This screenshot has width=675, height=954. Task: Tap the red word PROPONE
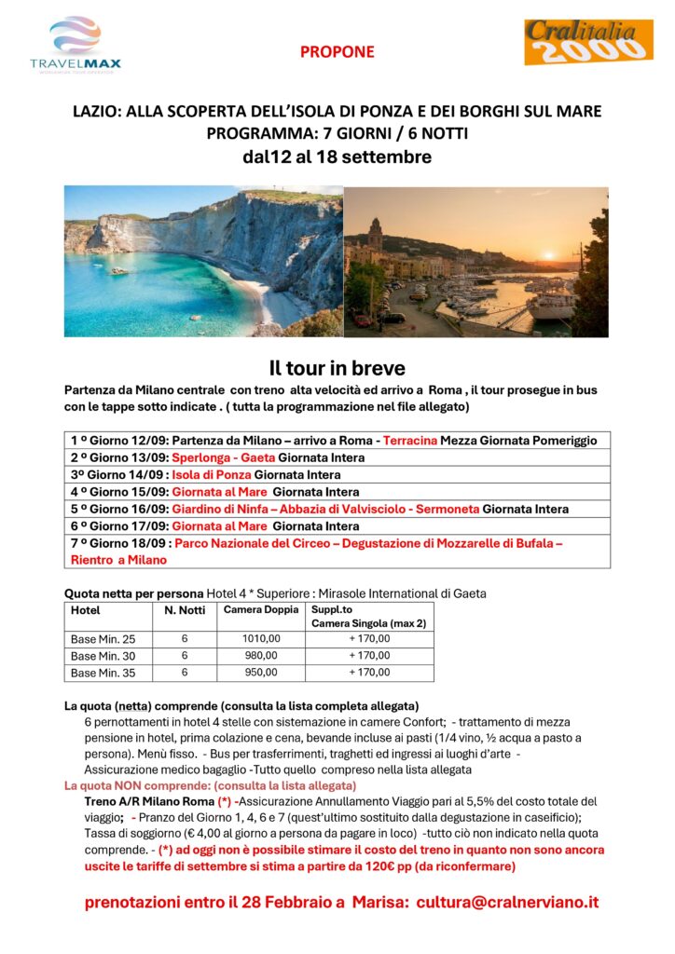click(x=337, y=52)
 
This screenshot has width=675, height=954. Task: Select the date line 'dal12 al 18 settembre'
click(x=337, y=157)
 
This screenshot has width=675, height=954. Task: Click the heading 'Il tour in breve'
click(x=337, y=368)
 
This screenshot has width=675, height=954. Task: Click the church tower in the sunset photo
click(x=375, y=233)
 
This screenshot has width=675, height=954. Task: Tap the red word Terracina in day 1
click(x=410, y=441)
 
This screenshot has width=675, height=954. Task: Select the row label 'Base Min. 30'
click(x=103, y=655)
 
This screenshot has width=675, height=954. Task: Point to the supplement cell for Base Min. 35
click(x=369, y=672)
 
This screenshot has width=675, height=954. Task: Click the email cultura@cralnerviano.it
click(x=507, y=902)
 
